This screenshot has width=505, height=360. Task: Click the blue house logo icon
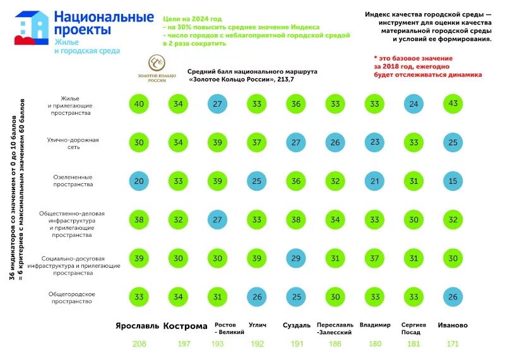(32, 28)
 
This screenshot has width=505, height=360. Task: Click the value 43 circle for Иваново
(453, 104)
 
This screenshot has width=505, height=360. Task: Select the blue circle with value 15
(453, 181)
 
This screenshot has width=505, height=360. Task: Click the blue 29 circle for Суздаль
(295, 259)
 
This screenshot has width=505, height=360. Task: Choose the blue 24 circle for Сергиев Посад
(413, 104)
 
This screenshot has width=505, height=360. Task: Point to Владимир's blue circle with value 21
(374, 181)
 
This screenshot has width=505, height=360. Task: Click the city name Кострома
(185, 326)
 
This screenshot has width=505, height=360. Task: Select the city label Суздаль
(297, 325)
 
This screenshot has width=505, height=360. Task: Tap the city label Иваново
(453, 325)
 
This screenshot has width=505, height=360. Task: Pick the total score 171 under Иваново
(453, 344)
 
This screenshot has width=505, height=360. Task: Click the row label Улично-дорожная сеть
(73, 143)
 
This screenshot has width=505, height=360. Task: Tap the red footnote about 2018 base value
(427, 66)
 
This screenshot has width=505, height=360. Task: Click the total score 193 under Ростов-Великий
(217, 344)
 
